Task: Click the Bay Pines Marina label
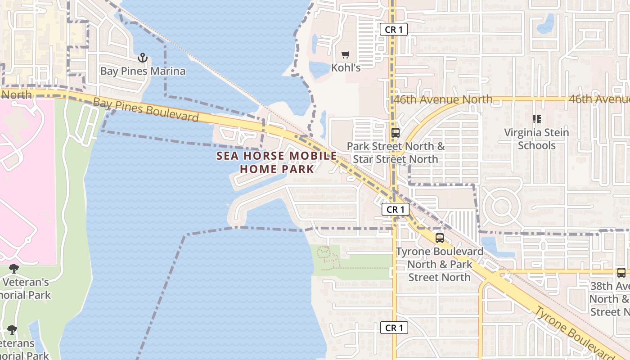(x=143, y=71)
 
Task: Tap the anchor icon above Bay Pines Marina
(x=143, y=58)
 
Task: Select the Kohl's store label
(x=346, y=68)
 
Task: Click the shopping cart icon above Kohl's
(x=345, y=55)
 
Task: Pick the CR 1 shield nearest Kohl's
(x=393, y=30)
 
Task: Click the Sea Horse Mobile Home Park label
(x=276, y=162)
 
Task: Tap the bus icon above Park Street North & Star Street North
(x=396, y=133)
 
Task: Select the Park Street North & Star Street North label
(x=396, y=153)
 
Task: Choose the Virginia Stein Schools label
(x=536, y=139)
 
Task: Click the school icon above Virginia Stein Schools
(x=536, y=119)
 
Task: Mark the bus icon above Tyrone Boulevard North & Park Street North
(x=440, y=238)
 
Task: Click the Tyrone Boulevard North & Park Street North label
(x=440, y=264)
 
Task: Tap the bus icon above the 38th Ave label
(x=621, y=273)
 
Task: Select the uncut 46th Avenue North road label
(x=443, y=99)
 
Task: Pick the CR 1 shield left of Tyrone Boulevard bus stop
(x=396, y=209)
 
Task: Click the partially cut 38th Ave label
(x=610, y=299)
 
